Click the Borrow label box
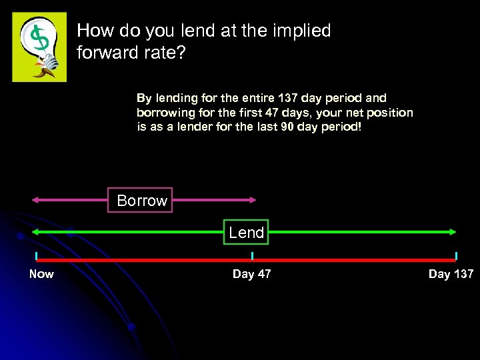(141, 200)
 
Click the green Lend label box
(246, 232)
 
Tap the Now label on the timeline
(41, 274)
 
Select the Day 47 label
(251, 274)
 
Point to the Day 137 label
(451, 274)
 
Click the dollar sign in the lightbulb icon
(41, 40)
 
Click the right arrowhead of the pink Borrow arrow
(253, 199)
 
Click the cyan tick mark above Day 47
(252, 256)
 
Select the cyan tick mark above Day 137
(456, 256)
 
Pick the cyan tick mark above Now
(37, 256)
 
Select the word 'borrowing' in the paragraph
(163, 113)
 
